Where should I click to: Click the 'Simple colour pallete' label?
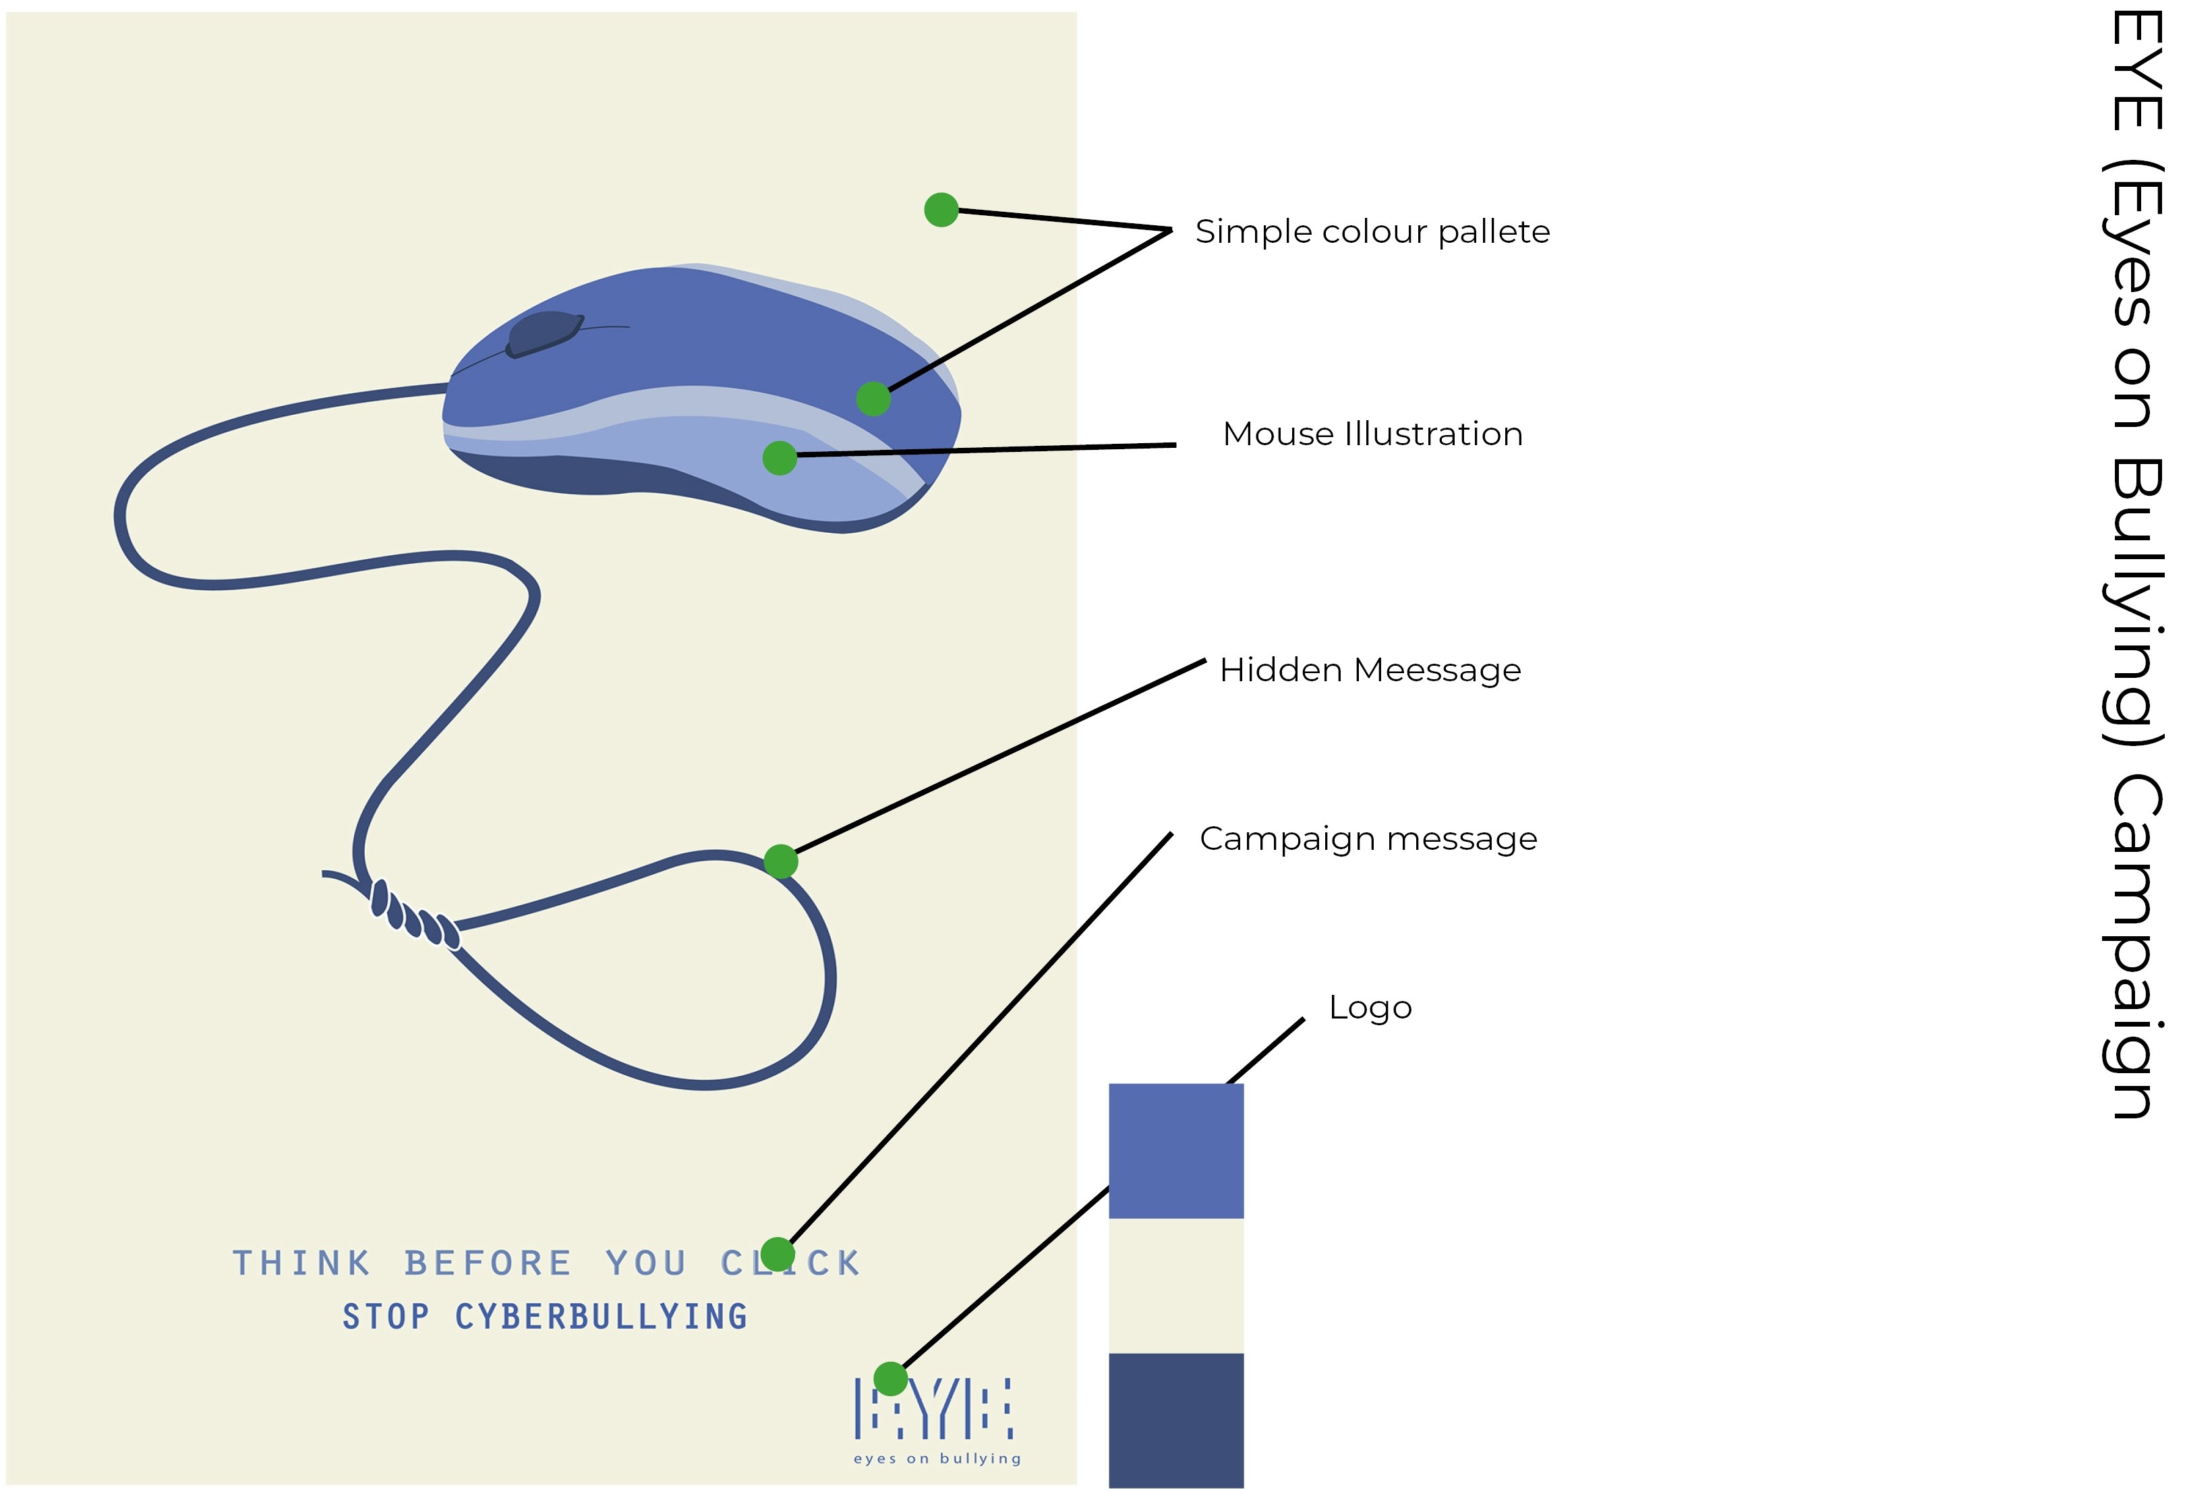[x=1372, y=231]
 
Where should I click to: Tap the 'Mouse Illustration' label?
[x=1372, y=434]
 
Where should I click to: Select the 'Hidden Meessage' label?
[x=1369, y=670]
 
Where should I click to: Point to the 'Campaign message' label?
[x=1368, y=838]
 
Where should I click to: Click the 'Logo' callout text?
[x=1370, y=1008]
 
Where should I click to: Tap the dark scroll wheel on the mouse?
[x=544, y=334]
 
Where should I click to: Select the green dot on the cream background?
[x=941, y=210]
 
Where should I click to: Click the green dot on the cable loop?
[x=780, y=861]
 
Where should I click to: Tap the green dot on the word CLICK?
[x=778, y=1254]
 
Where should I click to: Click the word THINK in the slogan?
[x=302, y=1263]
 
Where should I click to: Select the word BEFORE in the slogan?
[x=489, y=1263]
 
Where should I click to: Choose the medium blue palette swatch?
[x=1175, y=1151]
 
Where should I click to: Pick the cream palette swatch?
[x=1175, y=1285]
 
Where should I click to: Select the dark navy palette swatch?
[x=1175, y=1420]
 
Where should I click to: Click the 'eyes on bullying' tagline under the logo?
[x=937, y=1458]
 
